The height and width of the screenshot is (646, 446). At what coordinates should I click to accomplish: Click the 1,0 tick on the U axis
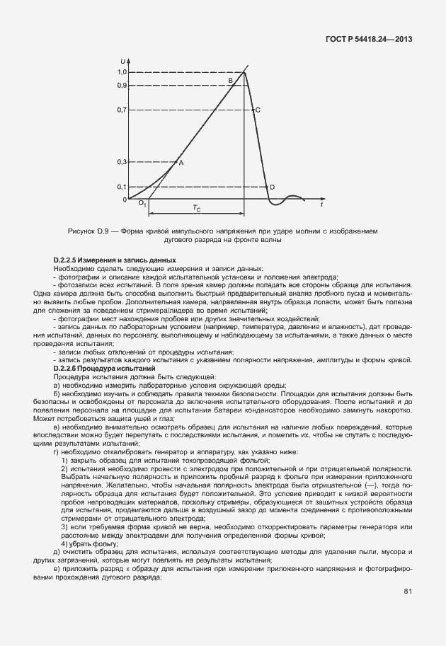[x=121, y=71]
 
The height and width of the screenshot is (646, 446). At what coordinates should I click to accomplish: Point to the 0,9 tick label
[x=121, y=85]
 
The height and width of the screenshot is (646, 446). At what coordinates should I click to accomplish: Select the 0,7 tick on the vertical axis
[x=121, y=110]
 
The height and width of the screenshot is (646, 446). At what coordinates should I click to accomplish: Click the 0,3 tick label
[x=121, y=162]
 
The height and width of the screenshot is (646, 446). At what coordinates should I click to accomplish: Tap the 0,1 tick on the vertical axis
[x=121, y=187]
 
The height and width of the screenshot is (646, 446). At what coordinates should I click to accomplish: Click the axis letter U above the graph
[x=123, y=60]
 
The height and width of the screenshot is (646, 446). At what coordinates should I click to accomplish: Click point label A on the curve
[x=181, y=163]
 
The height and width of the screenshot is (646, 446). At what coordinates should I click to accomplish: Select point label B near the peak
[x=230, y=81]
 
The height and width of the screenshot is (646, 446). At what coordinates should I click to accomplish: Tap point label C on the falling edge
[x=258, y=110]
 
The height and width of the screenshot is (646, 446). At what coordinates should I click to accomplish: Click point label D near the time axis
[x=272, y=187]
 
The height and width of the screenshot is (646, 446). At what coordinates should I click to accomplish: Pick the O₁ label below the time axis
[x=142, y=204]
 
